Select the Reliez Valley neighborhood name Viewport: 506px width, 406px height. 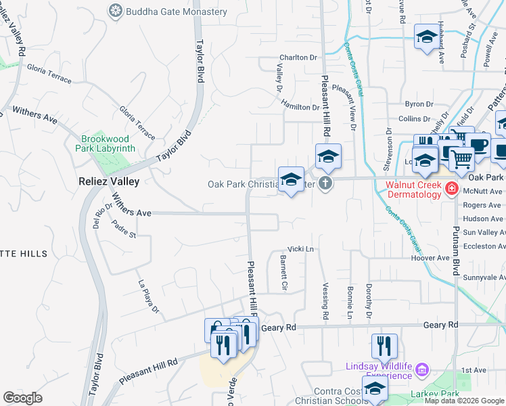click(109, 181)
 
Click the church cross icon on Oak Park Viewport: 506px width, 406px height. click(325, 183)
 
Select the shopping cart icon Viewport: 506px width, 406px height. click(462, 159)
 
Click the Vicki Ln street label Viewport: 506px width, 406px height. click(302, 249)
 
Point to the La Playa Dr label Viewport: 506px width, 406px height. click(148, 297)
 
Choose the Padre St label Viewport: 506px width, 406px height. click(124, 229)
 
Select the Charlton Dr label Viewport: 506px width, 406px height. click(299, 58)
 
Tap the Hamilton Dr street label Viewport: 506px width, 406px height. click(301, 107)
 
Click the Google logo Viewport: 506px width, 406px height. click(22, 398)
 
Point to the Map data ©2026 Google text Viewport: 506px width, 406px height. click(464, 401)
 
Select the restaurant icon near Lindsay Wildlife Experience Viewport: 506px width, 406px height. click(384, 346)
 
